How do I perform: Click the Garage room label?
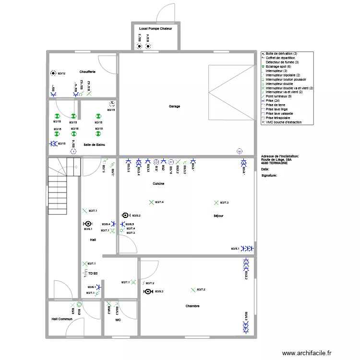click(x=174, y=106)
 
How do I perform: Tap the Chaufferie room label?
click(x=88, y=72)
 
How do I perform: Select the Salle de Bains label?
click(x=94, y=144)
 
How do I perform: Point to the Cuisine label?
click(x=158, y=184)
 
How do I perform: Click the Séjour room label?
click(x=218, y=216)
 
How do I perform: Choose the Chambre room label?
click(x=192, y=306)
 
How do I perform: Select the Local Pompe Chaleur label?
click(x=155, y=29)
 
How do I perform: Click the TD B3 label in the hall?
click(x=93, y=273)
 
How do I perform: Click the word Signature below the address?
click(x=269, y=176)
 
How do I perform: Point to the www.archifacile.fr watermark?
click(x=307, y=353)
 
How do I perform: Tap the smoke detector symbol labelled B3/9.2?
click(x=126, y=216)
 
